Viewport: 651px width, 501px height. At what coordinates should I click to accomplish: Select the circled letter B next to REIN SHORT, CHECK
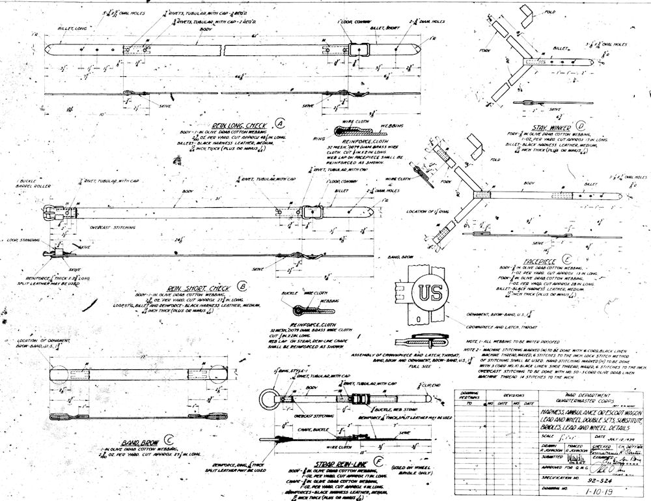click(243, 285)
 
